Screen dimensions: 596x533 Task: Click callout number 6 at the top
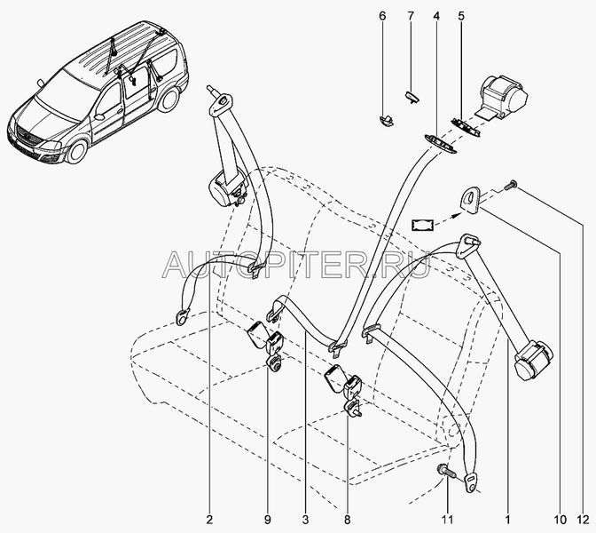point(382,16)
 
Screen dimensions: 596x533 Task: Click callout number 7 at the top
point(411,16)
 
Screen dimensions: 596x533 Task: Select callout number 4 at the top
point(436,16)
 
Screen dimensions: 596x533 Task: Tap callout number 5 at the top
point(461,16)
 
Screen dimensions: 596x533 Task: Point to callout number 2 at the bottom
point(209,520)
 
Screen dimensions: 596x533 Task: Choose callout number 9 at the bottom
point(268,520)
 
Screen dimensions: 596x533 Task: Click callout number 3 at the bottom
point(306,520)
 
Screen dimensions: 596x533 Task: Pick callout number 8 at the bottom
point(347,520)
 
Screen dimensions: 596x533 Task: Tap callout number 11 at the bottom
point(448,520)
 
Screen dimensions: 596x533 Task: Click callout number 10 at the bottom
point(561,520)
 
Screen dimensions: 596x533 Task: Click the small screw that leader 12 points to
point(510,185)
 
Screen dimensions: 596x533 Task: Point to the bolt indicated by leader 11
point(444,470)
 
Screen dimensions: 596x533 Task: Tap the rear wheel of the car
point(169,99)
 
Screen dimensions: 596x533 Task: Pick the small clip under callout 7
point(412,97)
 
